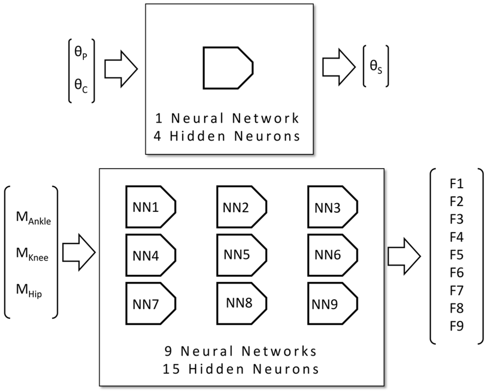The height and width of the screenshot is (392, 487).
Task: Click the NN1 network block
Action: coord(150,207)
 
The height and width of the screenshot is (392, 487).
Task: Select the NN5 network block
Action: coord(241,255)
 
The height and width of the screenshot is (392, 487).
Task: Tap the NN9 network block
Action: coord(332,303)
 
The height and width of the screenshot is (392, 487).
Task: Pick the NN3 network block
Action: coord(332,207)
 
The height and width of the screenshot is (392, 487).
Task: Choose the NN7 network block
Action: coord(150,303)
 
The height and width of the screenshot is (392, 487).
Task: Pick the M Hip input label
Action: coord(29,291)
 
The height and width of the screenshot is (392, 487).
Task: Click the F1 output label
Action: coord(456,184)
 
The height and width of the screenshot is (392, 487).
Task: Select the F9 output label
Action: coord(456,326)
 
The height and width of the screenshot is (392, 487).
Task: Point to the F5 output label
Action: coord(456,255)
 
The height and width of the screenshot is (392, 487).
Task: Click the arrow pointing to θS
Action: coord(338,67)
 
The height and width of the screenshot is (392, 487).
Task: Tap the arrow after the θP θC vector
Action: coord(121,69)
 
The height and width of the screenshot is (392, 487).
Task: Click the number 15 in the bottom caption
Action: coord(171,369)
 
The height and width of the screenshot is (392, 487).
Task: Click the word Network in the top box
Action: coord(265,118)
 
